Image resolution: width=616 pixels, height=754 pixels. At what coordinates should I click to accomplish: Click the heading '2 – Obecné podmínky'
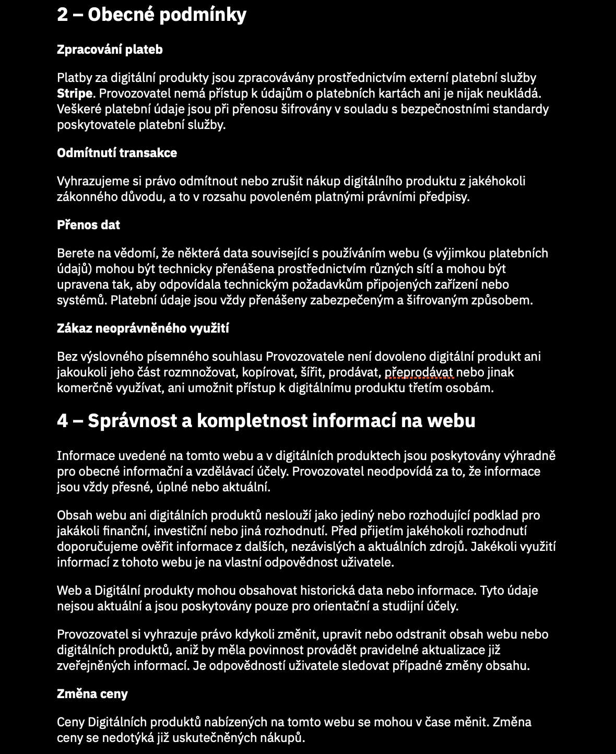151,15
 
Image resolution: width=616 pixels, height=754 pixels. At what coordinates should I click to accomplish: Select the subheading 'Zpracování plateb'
110,50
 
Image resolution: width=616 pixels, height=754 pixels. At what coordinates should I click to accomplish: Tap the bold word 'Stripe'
75,93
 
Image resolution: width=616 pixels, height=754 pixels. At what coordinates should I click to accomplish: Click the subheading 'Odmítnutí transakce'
117,153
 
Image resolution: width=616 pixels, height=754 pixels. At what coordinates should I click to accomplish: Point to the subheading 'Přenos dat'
88,225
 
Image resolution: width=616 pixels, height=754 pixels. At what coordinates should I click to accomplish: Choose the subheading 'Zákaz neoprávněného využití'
143,328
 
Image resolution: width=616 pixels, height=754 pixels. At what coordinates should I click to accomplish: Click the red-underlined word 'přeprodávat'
420,372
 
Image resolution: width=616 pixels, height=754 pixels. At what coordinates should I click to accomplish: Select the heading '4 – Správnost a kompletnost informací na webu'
266,421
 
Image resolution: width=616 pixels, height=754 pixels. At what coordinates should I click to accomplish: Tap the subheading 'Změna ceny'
92,694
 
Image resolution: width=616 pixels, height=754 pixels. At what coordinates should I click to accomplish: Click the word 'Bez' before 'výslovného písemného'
67,357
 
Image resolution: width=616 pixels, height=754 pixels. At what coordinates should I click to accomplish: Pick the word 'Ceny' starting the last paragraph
70,722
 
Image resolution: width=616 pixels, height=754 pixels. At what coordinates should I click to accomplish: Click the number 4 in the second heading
63,421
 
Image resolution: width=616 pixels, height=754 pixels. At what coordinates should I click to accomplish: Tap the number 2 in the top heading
63,15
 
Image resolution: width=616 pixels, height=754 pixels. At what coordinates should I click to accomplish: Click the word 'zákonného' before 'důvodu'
82,197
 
